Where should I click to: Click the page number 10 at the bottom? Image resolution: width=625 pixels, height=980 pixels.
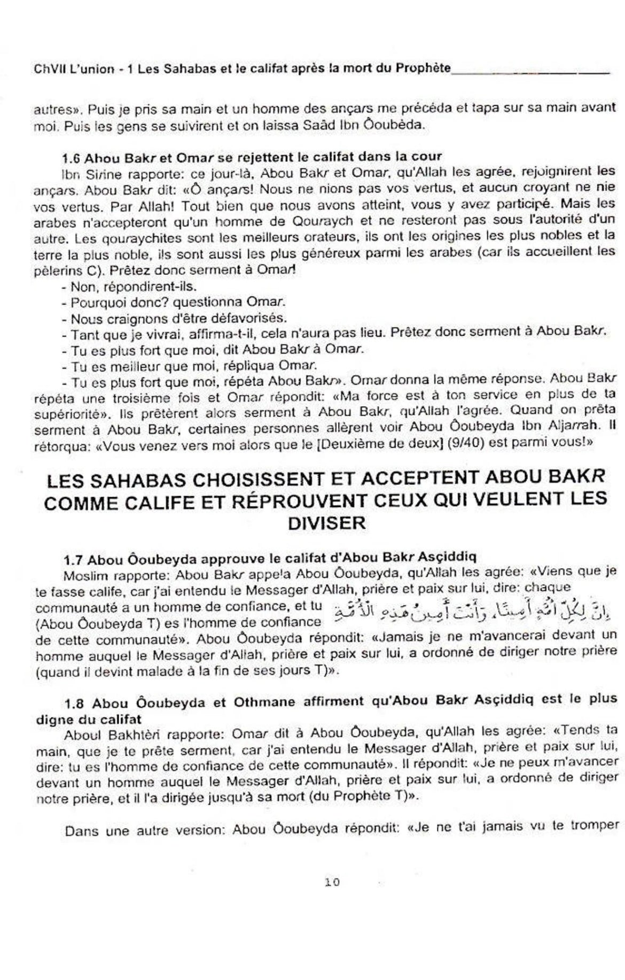pos(332,882)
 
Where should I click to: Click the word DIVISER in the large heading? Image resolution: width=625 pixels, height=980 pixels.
pos(327,523)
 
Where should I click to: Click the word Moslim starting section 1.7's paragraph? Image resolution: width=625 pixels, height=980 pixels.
pos(82,576)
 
